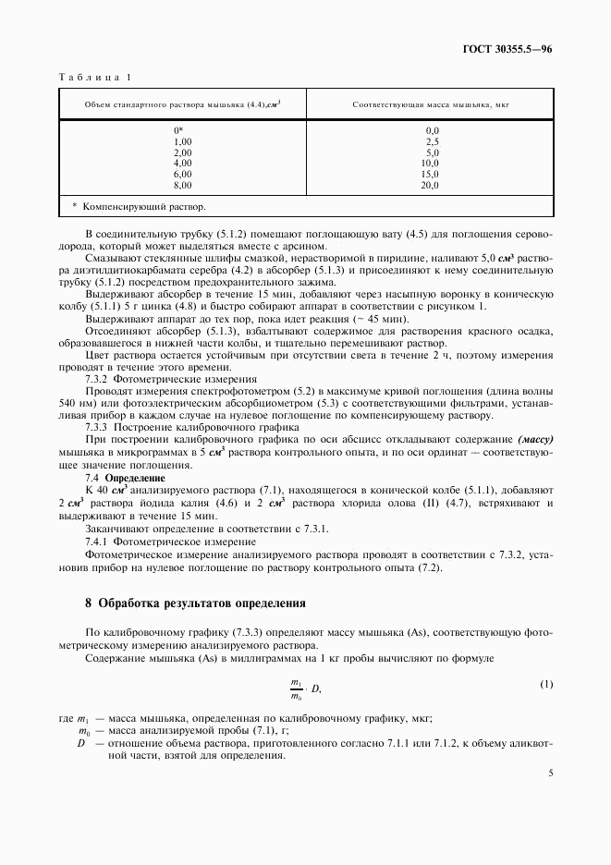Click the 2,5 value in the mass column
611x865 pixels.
click(x=432, y=141)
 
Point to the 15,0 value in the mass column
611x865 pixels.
click(x=431, y=175)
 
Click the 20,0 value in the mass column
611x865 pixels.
click(x=431, y=186)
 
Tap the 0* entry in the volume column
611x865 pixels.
click(x=179, y=130)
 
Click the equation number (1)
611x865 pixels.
click(x=545, y=684)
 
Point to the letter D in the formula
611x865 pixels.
click(x=316, y=689)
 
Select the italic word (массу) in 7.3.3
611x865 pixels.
click(x=533, y=441)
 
